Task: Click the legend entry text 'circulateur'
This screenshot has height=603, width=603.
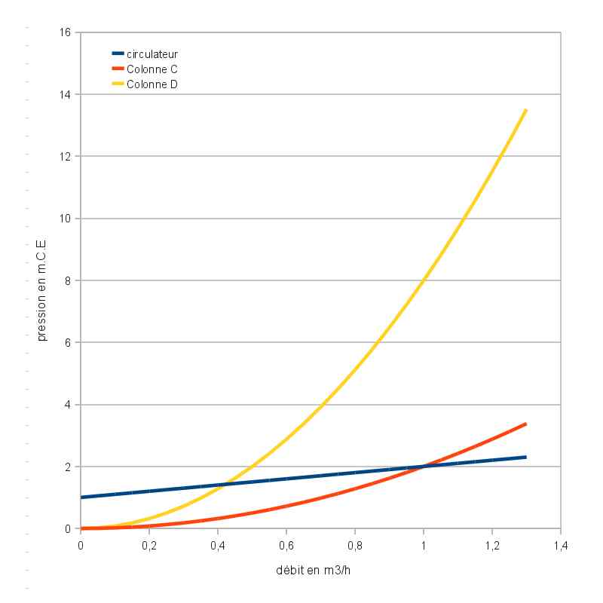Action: [x=152, y=54]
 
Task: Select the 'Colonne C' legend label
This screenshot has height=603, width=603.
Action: [x=152, y=69]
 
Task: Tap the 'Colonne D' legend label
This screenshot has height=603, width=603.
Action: [x=152, y=84]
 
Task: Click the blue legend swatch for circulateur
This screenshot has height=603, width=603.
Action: [x=118, y=54]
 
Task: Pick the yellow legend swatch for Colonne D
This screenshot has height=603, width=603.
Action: [x=118, y=84]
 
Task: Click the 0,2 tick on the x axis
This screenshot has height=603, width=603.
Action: [x=149, y=544]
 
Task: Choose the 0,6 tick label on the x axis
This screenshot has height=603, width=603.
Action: [x=286, y=544]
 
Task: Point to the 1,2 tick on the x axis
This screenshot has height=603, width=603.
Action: [x=492, y=544]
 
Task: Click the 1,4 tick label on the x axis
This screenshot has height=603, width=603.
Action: [x=561, y=544]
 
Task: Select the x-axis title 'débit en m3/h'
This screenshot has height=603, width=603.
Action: [x=314, y=570]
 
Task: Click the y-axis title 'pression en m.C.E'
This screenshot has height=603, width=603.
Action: [x=41, y=280]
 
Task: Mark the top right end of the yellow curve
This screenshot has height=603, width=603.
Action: [x=525, y=110]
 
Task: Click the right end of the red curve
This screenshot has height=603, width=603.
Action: [x=525, y=424]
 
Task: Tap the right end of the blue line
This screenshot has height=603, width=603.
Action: [x=525, y=457]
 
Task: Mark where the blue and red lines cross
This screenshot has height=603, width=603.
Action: [x=424, y=467]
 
